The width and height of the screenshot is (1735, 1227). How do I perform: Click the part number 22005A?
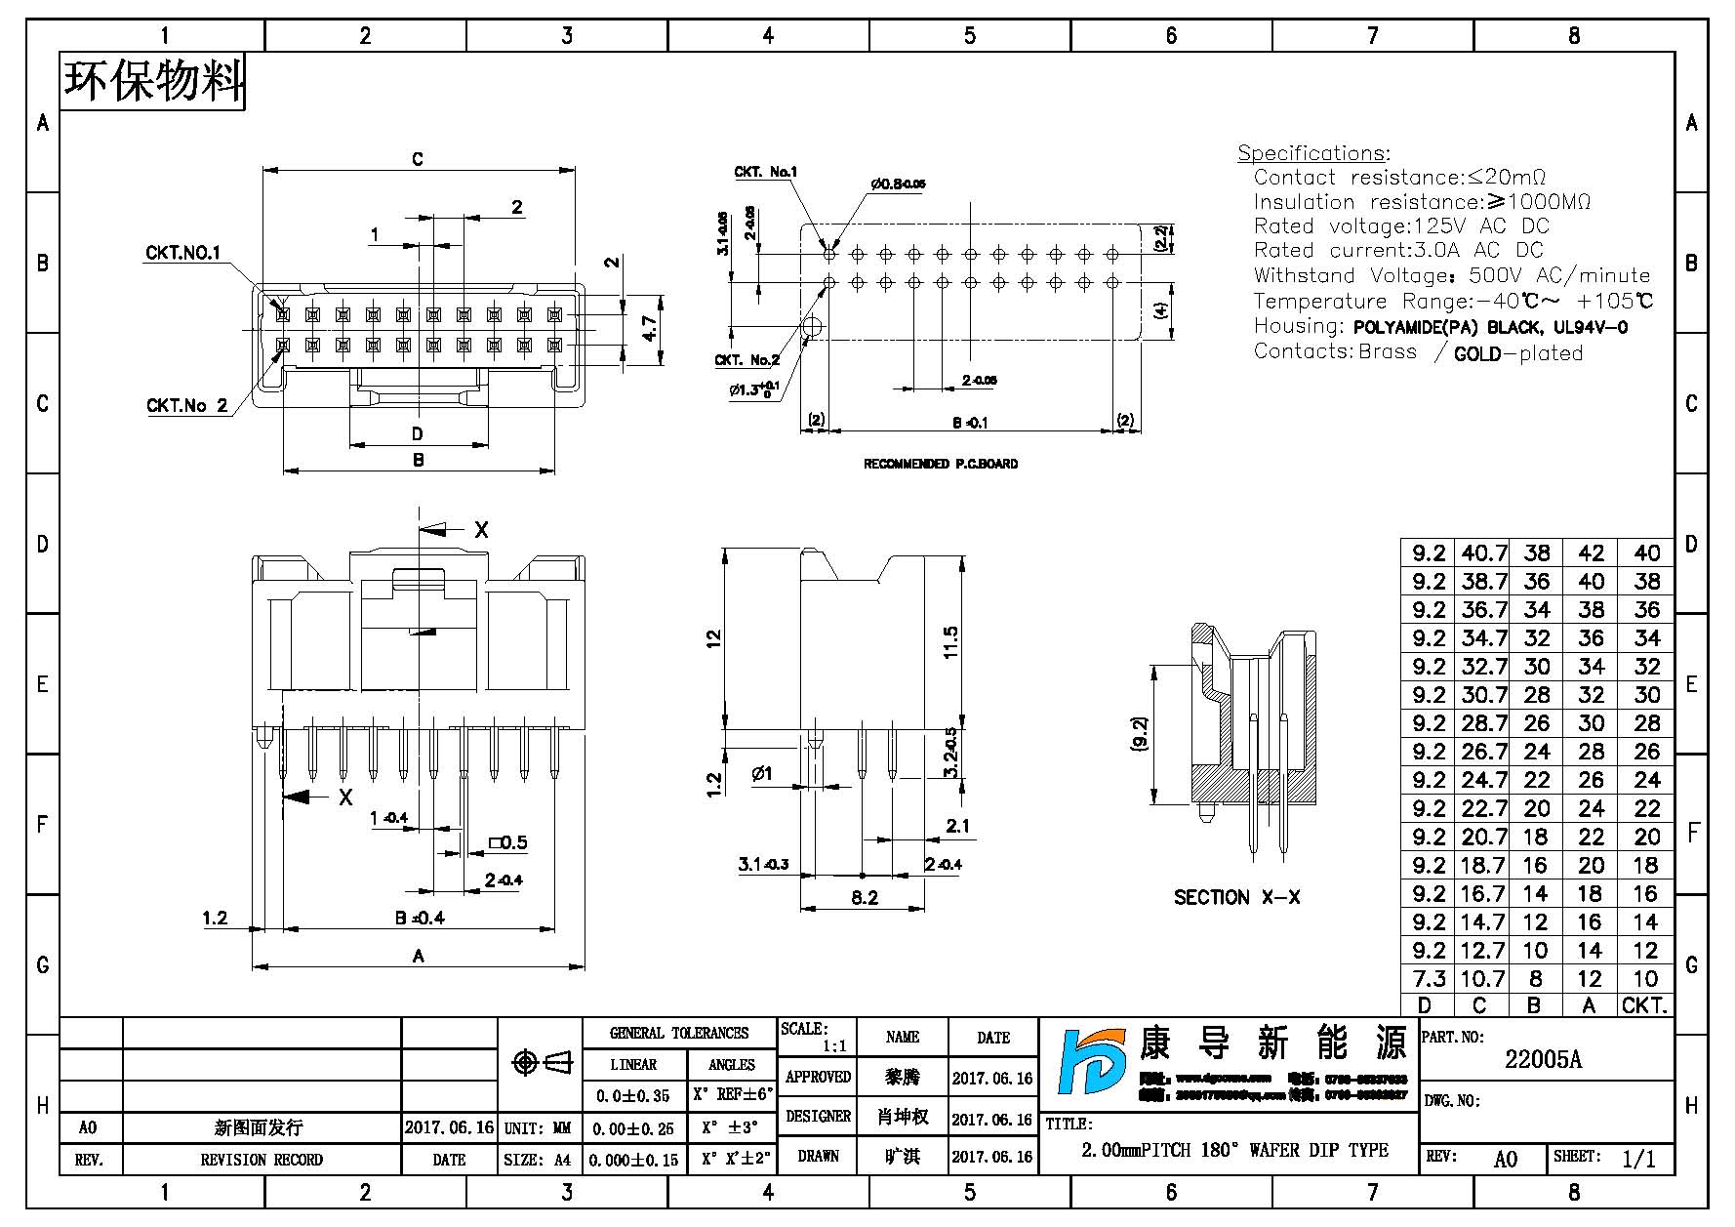(1543, 1060)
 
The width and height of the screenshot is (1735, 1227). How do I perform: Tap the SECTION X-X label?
(1236, 897)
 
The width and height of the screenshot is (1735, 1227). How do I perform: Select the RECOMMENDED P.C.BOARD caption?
(940, 464)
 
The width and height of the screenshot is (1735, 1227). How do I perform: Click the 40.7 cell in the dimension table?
(1483, 553)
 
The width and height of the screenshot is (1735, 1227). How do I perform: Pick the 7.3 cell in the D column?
(1428, 978)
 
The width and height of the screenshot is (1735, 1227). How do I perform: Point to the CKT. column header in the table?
(1645, 1005)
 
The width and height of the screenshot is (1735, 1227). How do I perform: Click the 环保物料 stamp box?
(153, 82)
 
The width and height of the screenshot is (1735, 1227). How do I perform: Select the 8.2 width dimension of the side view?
(864, 897)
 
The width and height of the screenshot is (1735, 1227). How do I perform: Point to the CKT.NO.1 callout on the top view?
(182, 253)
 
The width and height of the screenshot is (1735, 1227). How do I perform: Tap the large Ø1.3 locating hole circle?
(813, 327)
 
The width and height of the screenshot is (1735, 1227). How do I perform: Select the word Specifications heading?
(1313, 153)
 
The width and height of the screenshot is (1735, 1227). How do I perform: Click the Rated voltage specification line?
(1400, 226)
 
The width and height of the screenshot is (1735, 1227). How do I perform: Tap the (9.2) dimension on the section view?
(1140, 733)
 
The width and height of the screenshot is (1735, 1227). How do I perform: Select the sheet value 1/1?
(1638, 1159)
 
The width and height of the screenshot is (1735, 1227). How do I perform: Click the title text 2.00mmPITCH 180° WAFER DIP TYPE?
(1233, 1150)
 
